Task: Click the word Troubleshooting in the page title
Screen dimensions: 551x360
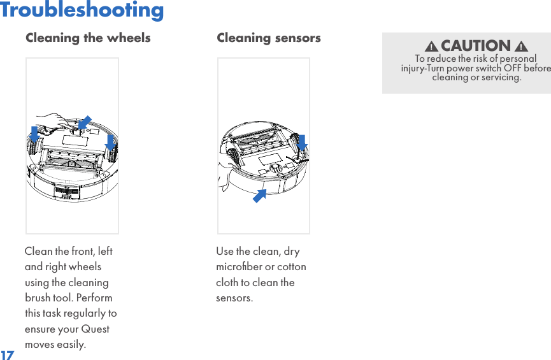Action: (82, 10)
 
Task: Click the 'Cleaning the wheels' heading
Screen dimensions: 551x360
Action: (88, 38)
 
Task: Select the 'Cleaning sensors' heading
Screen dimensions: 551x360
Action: (268, 38)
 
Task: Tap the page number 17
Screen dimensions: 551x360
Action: (7, 354)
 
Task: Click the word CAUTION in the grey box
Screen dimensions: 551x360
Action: (476, 46)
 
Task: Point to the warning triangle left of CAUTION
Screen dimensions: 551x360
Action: (431, 47)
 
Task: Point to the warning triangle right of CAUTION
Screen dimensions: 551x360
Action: (521, 47)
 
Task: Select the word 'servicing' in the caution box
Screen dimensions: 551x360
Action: (500, 78)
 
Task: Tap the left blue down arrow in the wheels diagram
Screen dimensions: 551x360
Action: (35, 134)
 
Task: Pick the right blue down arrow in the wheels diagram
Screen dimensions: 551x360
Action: (110, 141)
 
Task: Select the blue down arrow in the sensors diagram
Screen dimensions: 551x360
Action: (302, 143)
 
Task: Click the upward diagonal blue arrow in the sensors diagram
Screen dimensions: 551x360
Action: (259, 196)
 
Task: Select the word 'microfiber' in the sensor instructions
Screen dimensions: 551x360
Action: (240, 266)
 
